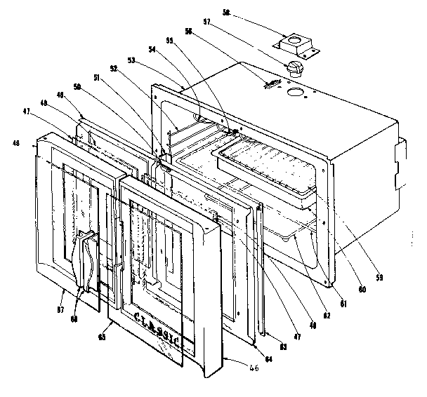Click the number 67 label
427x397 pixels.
pos(62,289)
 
